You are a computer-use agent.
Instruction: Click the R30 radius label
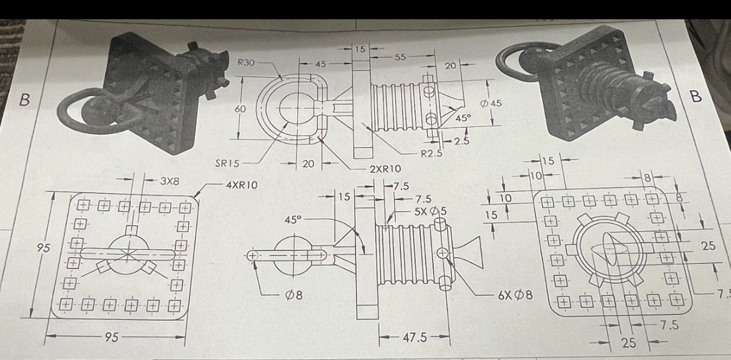coord(247,62)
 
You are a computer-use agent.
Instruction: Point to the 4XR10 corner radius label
coord(242,185)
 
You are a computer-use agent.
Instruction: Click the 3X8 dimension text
coord(170,182)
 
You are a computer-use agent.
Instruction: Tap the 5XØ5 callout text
coord(431,210)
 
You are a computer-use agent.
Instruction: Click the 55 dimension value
coord(402,56)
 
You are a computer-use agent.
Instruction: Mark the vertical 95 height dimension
coord(43,248)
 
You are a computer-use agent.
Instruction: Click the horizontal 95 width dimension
coord(113,338)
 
